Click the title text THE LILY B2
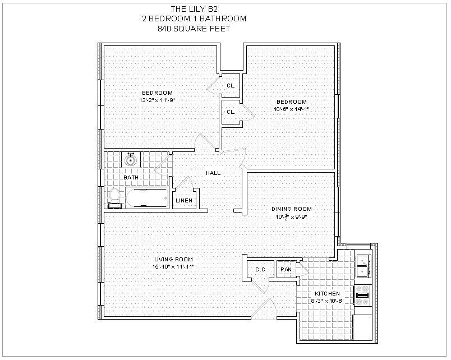[x=194, y=8]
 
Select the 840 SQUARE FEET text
[x=194, y=28]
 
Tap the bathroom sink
[x=131, y=160]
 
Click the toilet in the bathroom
[x=115, y=198]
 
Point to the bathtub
[x=147, y=198]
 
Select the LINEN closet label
[x=184, y=201]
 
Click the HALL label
[x=213, y=173]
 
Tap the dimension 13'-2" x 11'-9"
[x=157, y=100]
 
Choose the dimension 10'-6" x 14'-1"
[x=291, y=109]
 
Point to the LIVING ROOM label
[x=174, y=259]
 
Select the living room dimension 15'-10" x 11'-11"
[x=174, y=266]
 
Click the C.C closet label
[x=260, y=270]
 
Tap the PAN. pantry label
[x=287, y=270]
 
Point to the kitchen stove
[x=362, y=296]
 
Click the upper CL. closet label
[x=231, y=86]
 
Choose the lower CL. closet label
[x=231, y=112]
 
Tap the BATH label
[x=131, y=178]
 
